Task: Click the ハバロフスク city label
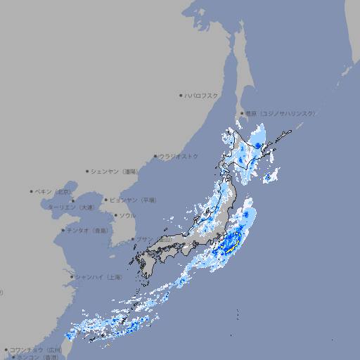click(x=201, y=95)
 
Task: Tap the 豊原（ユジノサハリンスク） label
click(x=280, y=113)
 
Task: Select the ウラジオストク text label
click(x=179, y=156)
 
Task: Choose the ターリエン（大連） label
click(x=71, y=207)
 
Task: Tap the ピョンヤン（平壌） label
click(x=134, y=200)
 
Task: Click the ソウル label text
click(x=127, y=215)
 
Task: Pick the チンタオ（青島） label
click(x=87, y=230)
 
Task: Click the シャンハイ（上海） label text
click(x=98, y=277)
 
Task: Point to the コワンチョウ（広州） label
click(x=35, y=349)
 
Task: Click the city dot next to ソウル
click(x=115, y=215)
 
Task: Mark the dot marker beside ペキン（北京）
click(x=32, y=191)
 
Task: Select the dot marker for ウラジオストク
click(x=155, y=156)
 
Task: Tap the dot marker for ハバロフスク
click(x=181, y=95)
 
